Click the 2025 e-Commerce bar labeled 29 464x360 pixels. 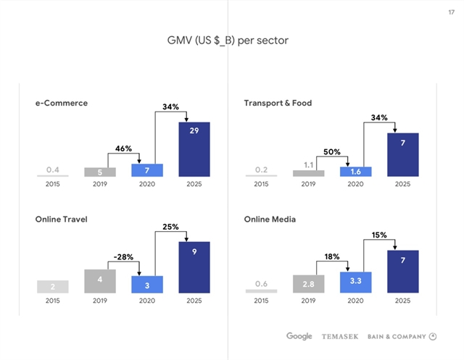[194, 149]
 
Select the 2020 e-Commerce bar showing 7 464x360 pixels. [147, 169]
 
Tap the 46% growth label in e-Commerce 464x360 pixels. [123, 148]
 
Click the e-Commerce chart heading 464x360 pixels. [62, 103]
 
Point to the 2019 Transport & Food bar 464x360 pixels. [308, 173]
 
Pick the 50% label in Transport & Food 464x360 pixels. [331, 151]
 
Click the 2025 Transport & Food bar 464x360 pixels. [402, 155]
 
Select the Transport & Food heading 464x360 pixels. [278, 103]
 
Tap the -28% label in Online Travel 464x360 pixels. [123, 256]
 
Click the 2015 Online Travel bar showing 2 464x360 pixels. [53, 286]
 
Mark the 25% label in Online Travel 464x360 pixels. [170, 227]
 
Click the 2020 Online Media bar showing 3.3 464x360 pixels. [355, 282]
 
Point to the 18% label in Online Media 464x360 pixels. [331, 256]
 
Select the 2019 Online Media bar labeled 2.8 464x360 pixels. [308, 283]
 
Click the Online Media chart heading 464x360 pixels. [270, 219]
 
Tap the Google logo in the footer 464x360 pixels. [299, 336]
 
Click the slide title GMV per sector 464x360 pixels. [228, 41]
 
